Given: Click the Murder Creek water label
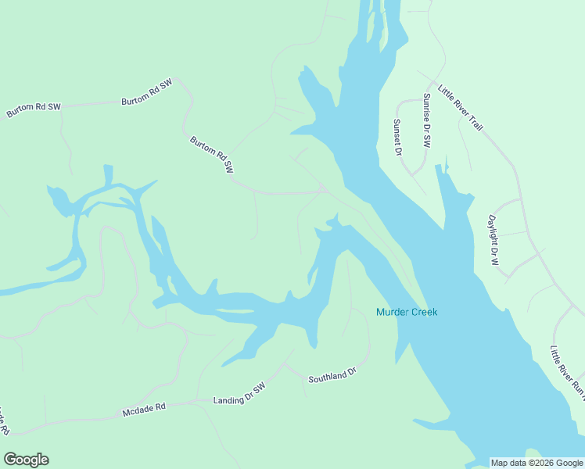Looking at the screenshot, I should (x=407, y=313).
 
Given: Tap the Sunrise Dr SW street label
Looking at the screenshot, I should (x=427, y=121).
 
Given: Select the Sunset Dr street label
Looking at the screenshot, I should (x=397, y=137).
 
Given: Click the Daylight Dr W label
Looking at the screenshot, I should (x=493, y=240).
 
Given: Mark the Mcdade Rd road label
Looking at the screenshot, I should (x=144, y=408).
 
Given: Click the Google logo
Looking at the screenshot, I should (x=26, y=460).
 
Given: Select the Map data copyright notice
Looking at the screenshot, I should (x=537, y=463).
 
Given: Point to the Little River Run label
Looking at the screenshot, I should (x=567, y=370).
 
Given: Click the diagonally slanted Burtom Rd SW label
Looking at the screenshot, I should (x=212, y=155).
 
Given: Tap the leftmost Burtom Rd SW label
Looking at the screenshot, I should (x=33, y=110).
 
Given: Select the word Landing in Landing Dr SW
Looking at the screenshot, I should (x=228, y=399).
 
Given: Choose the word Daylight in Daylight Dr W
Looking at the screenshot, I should (x=493, y=231).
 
